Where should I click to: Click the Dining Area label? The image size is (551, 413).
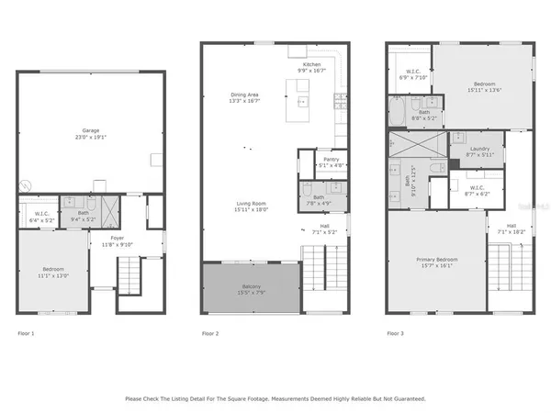tap(244, 95)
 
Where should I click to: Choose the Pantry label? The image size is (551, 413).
tap(331, 160)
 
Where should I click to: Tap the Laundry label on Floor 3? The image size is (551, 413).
tap(478, 150)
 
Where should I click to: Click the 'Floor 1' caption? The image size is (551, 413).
tap(26, 333)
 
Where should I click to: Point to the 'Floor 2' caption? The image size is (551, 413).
tap(210, 333)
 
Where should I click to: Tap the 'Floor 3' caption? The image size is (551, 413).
tap(395, 333)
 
